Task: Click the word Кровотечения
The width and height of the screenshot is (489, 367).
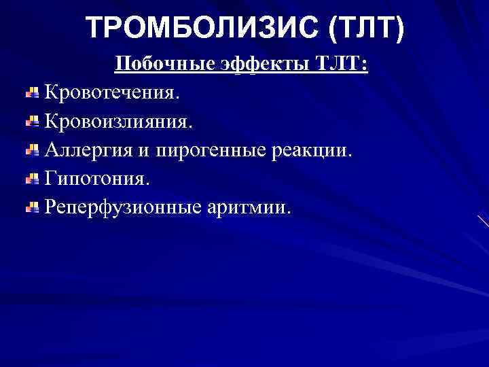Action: tap(113, 92)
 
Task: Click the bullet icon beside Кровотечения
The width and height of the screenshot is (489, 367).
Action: tap(32, 92)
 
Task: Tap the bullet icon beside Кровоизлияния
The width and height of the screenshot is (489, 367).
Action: tap(32, 121)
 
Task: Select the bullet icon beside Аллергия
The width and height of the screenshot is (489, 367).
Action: tap(32, 150)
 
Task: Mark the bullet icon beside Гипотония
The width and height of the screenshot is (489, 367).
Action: tap(32, 178)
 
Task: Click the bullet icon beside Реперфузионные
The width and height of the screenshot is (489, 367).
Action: tap(32, 207)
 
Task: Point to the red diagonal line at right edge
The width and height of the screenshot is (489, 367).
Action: tap(483, 221)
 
